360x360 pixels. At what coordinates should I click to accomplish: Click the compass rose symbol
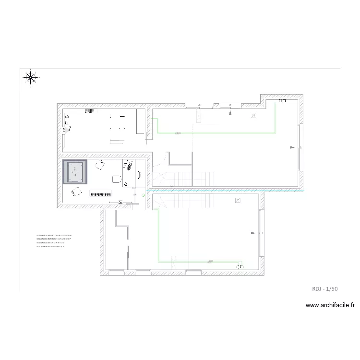(x=31, y=77)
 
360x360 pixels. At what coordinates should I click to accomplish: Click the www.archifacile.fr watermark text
(x=330, y=305)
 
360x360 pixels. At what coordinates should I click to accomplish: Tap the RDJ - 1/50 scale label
(x=325, y=288)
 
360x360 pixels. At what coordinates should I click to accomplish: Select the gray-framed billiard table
(x=75, y=172)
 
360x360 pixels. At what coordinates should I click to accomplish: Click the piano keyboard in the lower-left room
(x=101, y=194)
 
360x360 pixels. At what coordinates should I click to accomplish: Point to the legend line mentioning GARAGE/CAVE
(x=50, y=247)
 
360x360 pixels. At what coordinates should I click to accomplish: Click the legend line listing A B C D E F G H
(x=54, y=236)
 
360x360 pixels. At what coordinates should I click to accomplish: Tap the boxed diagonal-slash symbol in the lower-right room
(x=238, y=201)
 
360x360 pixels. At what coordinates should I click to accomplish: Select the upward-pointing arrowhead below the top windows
(x=231, y=113)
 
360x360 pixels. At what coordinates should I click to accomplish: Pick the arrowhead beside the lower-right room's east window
(x=254, y=233)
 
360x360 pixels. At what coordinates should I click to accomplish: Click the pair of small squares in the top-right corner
(x=282, y=101)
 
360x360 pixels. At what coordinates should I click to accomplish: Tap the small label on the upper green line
(x=178, y=133)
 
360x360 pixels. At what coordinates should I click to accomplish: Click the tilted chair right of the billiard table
(x=100, y=165)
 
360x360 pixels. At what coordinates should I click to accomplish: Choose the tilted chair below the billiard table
(x=76, y=192)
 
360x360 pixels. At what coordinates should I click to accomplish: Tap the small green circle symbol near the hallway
(x=143, y=195)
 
